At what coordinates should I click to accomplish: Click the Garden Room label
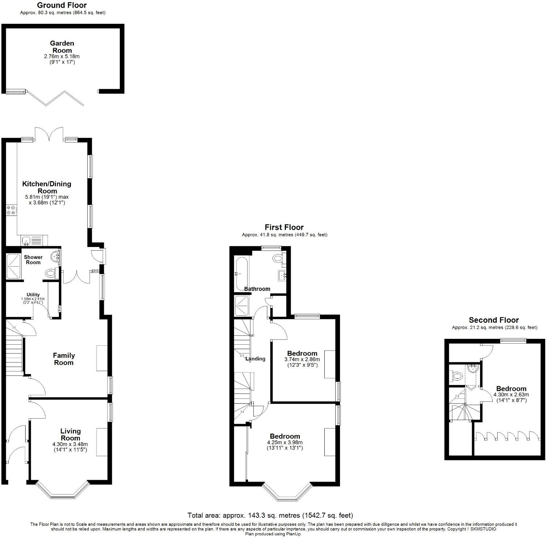pos(62,47)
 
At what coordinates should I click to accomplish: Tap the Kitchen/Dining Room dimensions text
pos(47,199)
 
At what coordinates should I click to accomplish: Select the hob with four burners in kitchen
pos(11,210)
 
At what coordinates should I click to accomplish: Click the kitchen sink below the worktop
pos(26,240)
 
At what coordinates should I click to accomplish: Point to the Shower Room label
pos(33,259)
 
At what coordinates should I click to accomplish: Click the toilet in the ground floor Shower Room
pos(51,273)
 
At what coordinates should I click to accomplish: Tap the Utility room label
pos(33,295)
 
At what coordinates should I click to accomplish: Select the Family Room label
pos(64,359)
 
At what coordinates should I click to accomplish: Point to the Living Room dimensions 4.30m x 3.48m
pos(70,446)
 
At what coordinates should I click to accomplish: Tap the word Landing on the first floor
pos(255,359)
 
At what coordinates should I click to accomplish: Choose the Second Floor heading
pos(494,320)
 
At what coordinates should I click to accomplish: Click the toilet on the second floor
pos(456,375)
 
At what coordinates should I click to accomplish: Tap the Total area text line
pos(270,515)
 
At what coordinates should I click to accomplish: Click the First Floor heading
pos(284,227)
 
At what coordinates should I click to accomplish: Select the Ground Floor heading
pos(62,5)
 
